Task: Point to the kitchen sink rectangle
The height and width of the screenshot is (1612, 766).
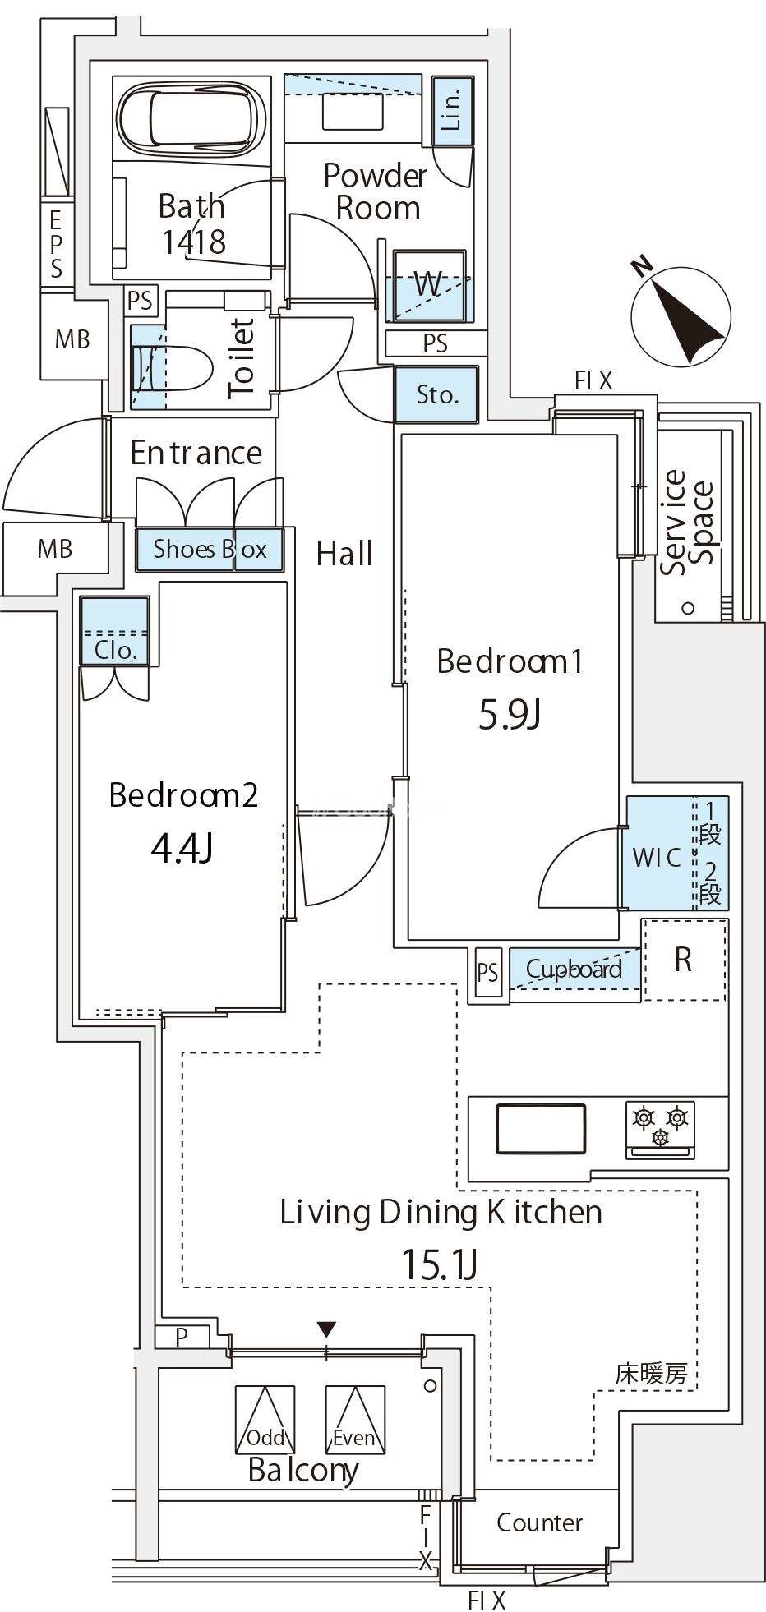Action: [x=541, y=1129]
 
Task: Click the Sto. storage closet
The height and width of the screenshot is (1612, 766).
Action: [x=436, y=394]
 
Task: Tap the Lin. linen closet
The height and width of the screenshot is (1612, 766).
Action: [x=452, y=112]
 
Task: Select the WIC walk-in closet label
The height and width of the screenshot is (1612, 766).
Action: [x=657, y=857]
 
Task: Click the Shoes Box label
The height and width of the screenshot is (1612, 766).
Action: [x=210, y=549]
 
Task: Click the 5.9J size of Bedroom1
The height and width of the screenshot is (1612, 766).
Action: [x=510, y=716]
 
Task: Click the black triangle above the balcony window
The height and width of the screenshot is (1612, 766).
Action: [x=327, y=1329]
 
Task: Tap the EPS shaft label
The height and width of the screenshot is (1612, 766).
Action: [x=56, y=243]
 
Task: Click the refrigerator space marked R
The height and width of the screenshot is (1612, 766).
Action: [x=684, y=959]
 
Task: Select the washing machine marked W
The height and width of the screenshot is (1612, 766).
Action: [x=428, y=284]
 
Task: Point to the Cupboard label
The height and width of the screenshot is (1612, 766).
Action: [x=574, y=970]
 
